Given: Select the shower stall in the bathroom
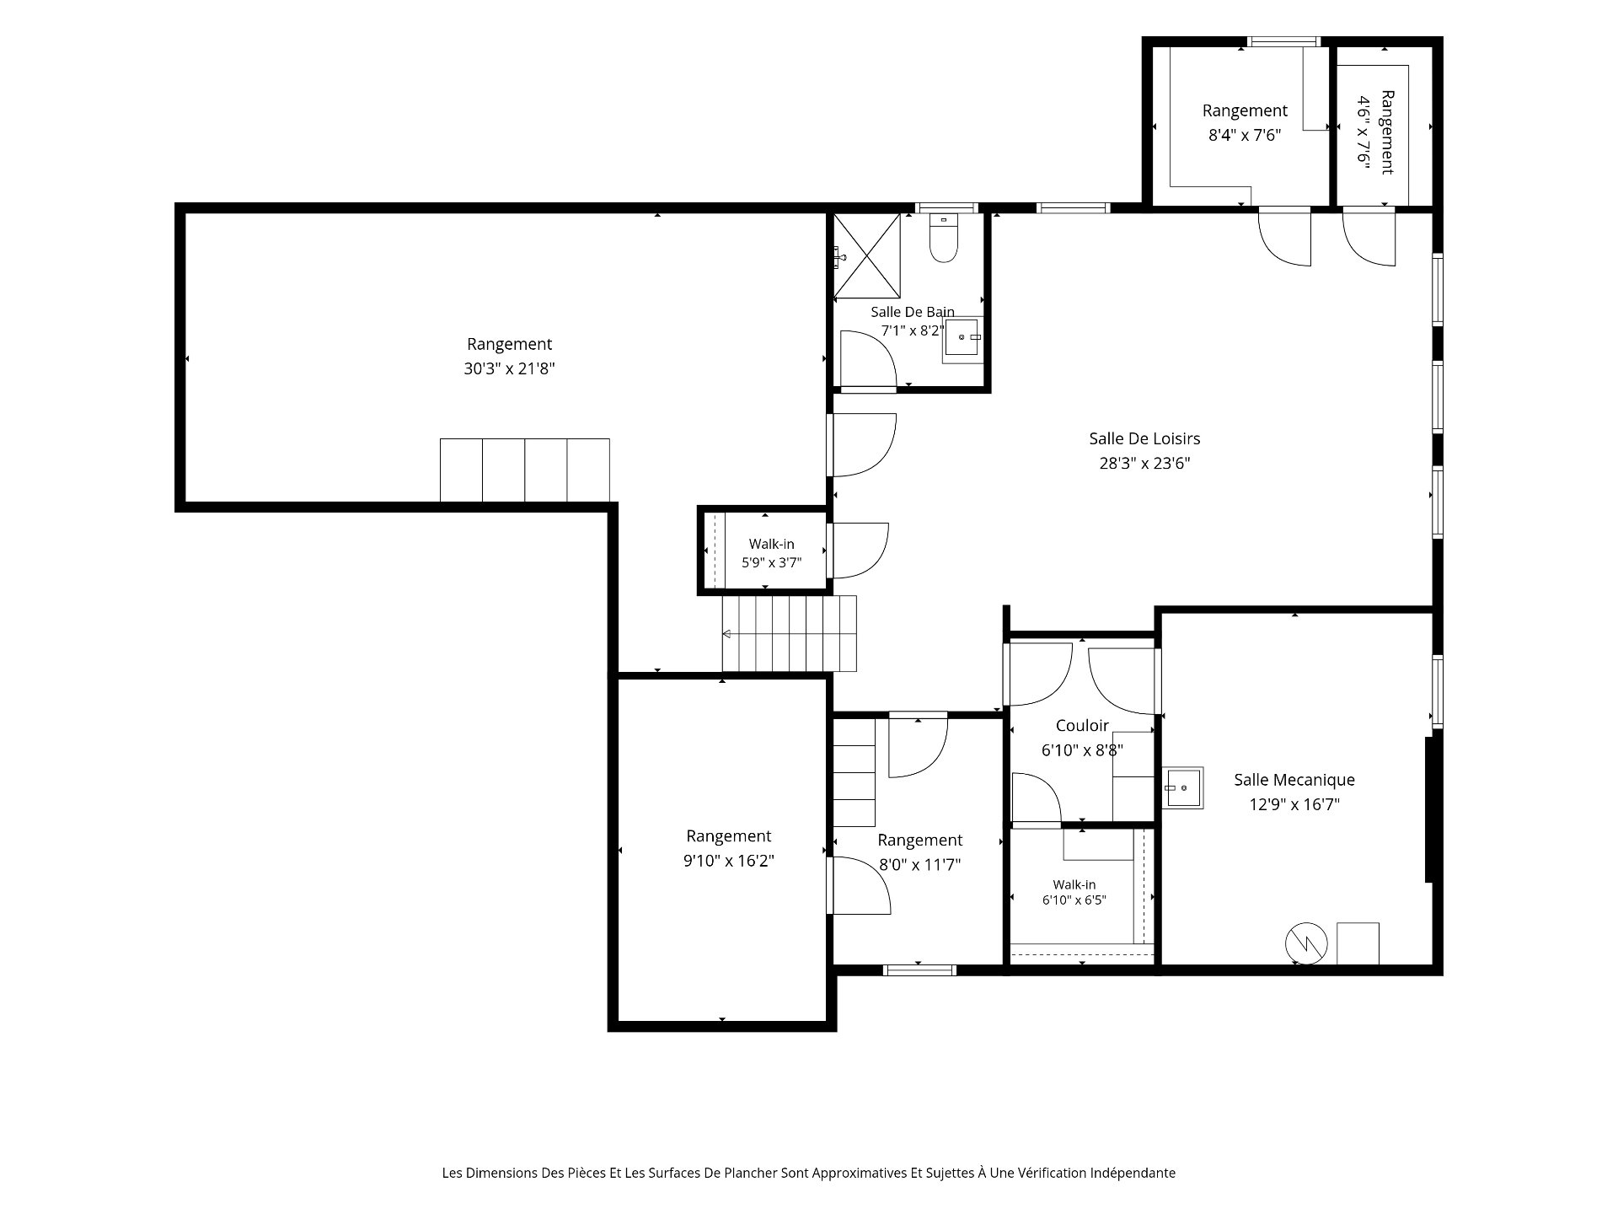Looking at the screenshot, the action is point(866,255).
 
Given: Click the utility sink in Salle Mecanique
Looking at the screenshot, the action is point(1182,787).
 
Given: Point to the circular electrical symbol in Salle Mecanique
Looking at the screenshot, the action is point(1306,943).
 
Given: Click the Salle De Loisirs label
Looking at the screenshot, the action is point(1144,438).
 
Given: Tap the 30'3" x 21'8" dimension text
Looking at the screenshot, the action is point(509,368).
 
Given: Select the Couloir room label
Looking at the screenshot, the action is point(1082,726).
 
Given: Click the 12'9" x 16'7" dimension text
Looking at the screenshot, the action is point(1294,804).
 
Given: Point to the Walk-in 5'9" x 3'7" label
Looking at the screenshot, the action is point(771,553).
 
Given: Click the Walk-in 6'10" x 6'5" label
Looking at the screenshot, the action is point(1074,892).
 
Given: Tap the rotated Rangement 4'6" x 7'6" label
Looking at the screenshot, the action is point(1374,132).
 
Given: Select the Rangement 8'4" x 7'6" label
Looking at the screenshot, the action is point(1245,122).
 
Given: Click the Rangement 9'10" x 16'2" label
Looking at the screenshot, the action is point(728,848).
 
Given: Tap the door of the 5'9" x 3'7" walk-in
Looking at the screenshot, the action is point(860,551).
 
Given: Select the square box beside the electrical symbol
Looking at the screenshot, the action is point(1358,943).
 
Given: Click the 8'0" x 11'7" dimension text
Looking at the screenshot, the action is point(919,864).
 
